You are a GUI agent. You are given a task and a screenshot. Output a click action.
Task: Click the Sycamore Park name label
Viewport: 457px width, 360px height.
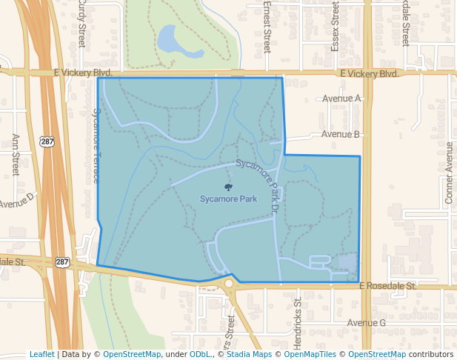[228, 199]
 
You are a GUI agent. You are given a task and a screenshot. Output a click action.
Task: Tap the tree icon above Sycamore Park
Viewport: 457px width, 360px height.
[228, 187]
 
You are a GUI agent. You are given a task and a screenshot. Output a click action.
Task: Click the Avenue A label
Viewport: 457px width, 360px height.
[341, 99]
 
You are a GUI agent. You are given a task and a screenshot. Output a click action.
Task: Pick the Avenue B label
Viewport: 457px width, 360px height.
[341, 134]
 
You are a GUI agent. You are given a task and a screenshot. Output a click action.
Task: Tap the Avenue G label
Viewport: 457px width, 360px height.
[367, 323]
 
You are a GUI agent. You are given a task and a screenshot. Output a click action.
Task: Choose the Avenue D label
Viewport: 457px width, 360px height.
[16, 201]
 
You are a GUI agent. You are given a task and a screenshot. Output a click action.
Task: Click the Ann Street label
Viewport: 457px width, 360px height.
[15, 155]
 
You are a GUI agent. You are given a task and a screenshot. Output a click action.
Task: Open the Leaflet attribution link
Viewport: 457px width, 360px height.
[42, 354]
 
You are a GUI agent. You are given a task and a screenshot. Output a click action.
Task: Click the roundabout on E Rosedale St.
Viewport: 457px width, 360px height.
[229, 283]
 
